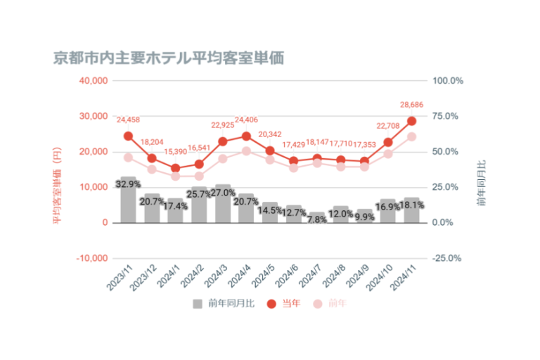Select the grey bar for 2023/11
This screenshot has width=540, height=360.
[128, 200]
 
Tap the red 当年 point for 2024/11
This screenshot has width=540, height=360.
[411, 121]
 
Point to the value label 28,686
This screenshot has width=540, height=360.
[411, 105]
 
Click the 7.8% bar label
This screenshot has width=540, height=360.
[317, 219]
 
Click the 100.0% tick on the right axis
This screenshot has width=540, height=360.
[448, 81]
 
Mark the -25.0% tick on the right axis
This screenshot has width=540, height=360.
[448, 258]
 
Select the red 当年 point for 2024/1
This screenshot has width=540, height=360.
[176, 168]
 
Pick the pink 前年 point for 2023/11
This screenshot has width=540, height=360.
[128, 157]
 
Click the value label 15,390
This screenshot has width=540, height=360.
[176, 152]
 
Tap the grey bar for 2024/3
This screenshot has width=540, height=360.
[223, 204]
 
